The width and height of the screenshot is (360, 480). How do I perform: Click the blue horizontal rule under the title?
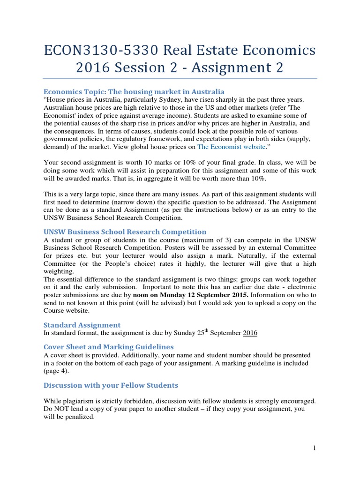click(180, 78)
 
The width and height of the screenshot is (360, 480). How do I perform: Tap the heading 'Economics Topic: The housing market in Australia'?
click(134, 91)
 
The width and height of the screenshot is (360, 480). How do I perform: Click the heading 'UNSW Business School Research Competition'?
click(125, 232)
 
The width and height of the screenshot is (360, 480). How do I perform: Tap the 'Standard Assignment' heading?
click(82, 324)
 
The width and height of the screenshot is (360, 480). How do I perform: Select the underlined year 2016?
click(249, 333)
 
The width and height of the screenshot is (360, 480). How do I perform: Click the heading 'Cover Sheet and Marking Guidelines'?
click(108, 347)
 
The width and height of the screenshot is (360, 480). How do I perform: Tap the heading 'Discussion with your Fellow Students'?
click(111, 385)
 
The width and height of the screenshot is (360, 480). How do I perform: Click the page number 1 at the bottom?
click(315, 448)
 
